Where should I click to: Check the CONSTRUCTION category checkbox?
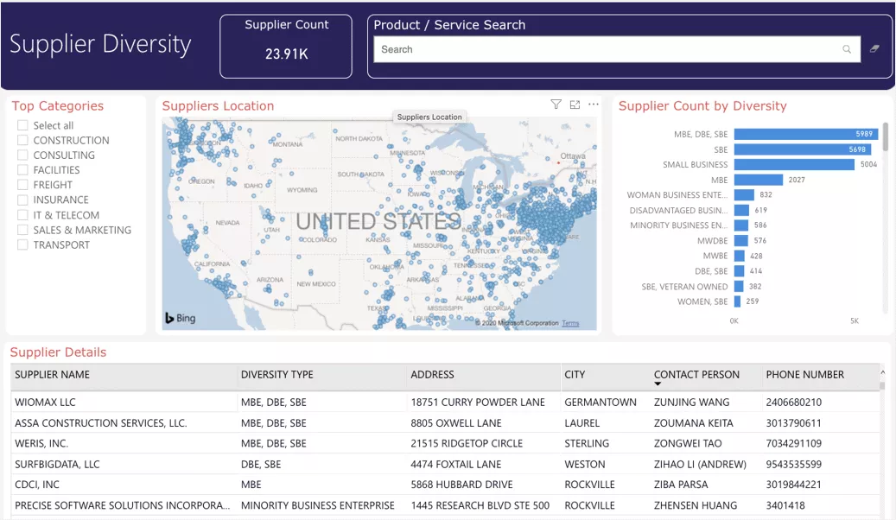coord(23,140)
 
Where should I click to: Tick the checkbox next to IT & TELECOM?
coord(23,215)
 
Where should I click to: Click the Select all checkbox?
coord(23,125)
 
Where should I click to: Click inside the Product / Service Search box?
coord(605,49)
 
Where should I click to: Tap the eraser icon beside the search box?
coord(874,49)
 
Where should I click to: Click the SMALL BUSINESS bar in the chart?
coord(794,164)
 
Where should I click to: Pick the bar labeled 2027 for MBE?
coord(758,180)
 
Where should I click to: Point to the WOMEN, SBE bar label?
coord(702,301)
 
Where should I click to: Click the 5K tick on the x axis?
coord(855,320)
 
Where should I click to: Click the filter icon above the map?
coord(556,105)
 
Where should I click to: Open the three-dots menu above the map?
coord(594,105)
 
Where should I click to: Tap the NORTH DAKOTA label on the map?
coord(359,138)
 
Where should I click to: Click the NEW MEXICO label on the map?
coord(315,284)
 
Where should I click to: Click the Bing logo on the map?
coord(181,318)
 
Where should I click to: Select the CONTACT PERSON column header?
coord(696,375)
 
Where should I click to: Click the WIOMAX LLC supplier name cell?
coord(45,403)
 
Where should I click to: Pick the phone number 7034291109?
coord(793,444)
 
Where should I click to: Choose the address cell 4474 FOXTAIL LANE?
coord(455,465)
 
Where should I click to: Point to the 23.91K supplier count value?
coord(286,54)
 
